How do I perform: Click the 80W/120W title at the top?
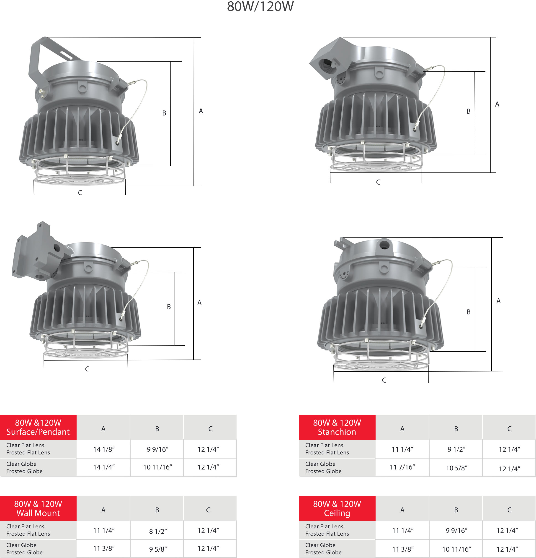(260, 6)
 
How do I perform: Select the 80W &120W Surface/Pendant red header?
(38, 427)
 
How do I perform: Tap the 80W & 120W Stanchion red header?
(337, 427)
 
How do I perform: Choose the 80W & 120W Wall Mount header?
(38, 508)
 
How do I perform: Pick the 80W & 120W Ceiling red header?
(337, 508)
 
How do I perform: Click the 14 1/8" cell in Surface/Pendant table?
(104, 449)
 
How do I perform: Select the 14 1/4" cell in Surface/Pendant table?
(104, 467)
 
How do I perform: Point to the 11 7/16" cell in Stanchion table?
(402, 467)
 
